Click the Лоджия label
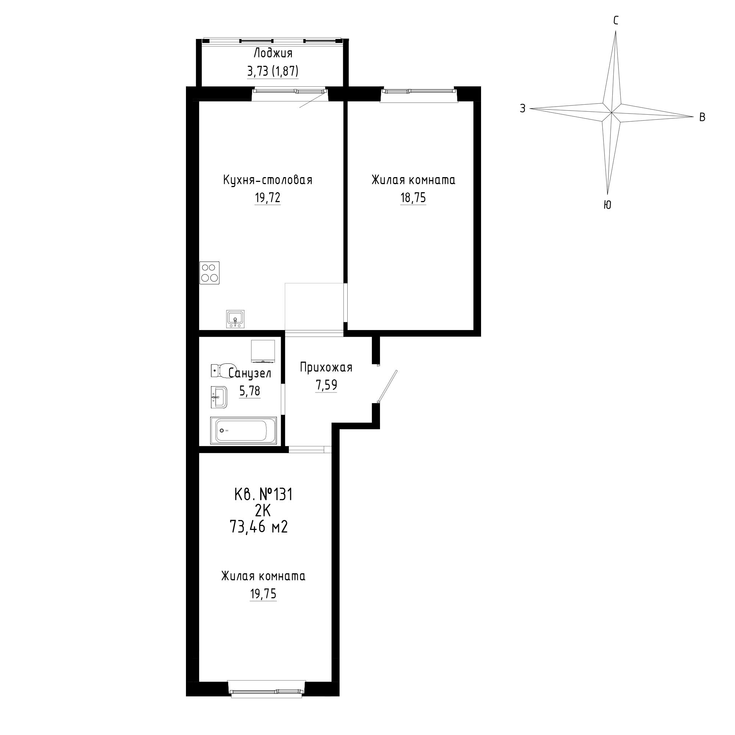(x=273, y=53)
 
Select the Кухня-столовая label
(x=268, y=180)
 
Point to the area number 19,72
(x=268, y=198)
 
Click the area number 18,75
(x=413, y=198)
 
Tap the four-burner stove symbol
(x=209, y=273)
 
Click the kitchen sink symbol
(x=236, y=319)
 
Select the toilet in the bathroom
(x=221, y=370)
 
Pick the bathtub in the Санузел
(x=244, y=430)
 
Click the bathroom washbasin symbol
(x=219, y=398)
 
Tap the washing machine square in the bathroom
(x=263, y=351)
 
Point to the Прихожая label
(x=326, y=367)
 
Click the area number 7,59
(x=326, y=386)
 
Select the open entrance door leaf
(x=387, y=386)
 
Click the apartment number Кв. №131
(x=263, y=495)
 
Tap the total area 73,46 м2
(x=258, y=527)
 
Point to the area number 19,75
(x=263, y=594)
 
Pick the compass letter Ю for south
(x=607, y=205)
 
